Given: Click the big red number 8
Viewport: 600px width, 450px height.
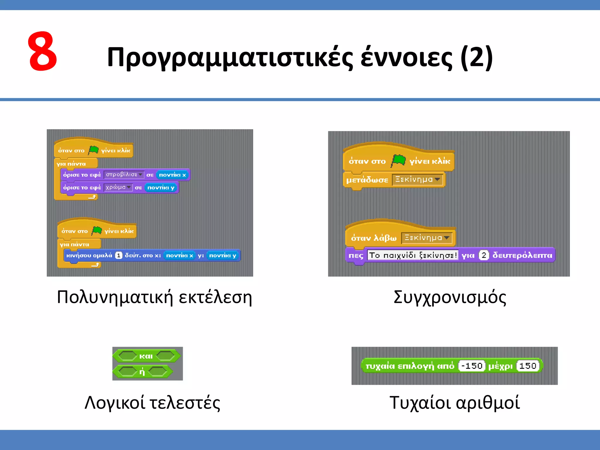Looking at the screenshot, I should tap(42, 52).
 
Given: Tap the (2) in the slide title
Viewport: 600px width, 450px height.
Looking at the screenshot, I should tap(477, 57).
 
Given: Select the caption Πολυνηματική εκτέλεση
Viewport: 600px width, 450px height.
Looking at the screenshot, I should tap(154, 297).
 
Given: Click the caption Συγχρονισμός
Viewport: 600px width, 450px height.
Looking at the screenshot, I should tap(450, 297).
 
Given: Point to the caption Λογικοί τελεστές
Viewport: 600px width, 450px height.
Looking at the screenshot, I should tap(152, 403).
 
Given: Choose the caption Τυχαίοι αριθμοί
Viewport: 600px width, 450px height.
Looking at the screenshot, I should tap(454, 403).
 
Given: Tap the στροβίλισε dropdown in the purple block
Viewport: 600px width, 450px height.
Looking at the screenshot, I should tap(124, 175).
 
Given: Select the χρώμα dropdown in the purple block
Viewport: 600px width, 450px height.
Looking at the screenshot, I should tap(118, 187).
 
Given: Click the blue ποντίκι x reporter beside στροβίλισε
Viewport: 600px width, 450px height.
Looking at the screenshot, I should tap(173, 175).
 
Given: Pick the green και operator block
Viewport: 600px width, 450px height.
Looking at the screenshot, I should tap(146, 356).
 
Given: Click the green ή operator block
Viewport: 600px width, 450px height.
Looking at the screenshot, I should tap(142, 372).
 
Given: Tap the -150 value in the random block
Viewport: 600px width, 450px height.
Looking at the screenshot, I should tap(472, 366).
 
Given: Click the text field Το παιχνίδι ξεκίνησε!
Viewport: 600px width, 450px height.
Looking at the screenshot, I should tap(412, 255).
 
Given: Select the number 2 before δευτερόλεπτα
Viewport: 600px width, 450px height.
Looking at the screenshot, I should tap(484, 255).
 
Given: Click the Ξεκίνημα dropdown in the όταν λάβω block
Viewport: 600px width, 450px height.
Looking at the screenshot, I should tap(427, 238).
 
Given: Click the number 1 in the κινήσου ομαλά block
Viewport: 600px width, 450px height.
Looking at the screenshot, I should tap(118, 255).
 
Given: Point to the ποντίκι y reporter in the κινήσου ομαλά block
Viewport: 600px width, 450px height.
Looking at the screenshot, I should tap(222, 255).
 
